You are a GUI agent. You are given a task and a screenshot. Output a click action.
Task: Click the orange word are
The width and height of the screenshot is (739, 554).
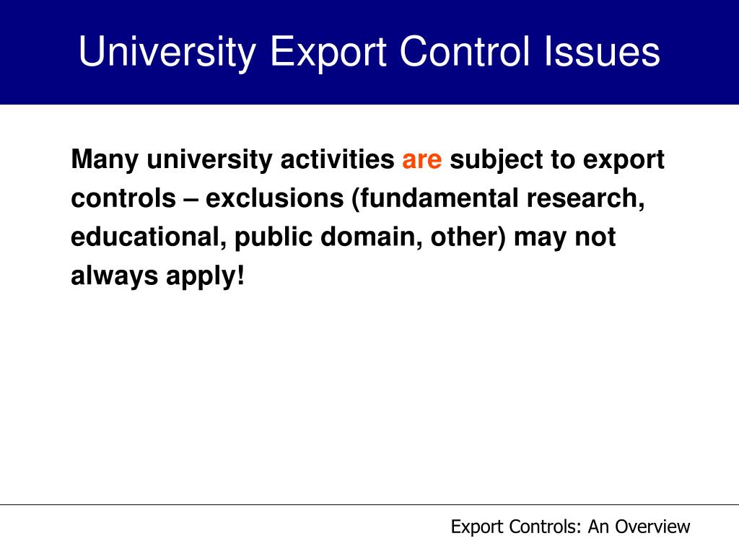pyautogui.click(x=421, y=159)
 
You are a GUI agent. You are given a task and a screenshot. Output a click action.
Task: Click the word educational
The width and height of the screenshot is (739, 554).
pyautogui.click(x=147, y=237)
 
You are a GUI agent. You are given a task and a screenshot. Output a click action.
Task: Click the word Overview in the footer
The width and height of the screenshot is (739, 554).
pyautogui.click(x=654, y=527)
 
